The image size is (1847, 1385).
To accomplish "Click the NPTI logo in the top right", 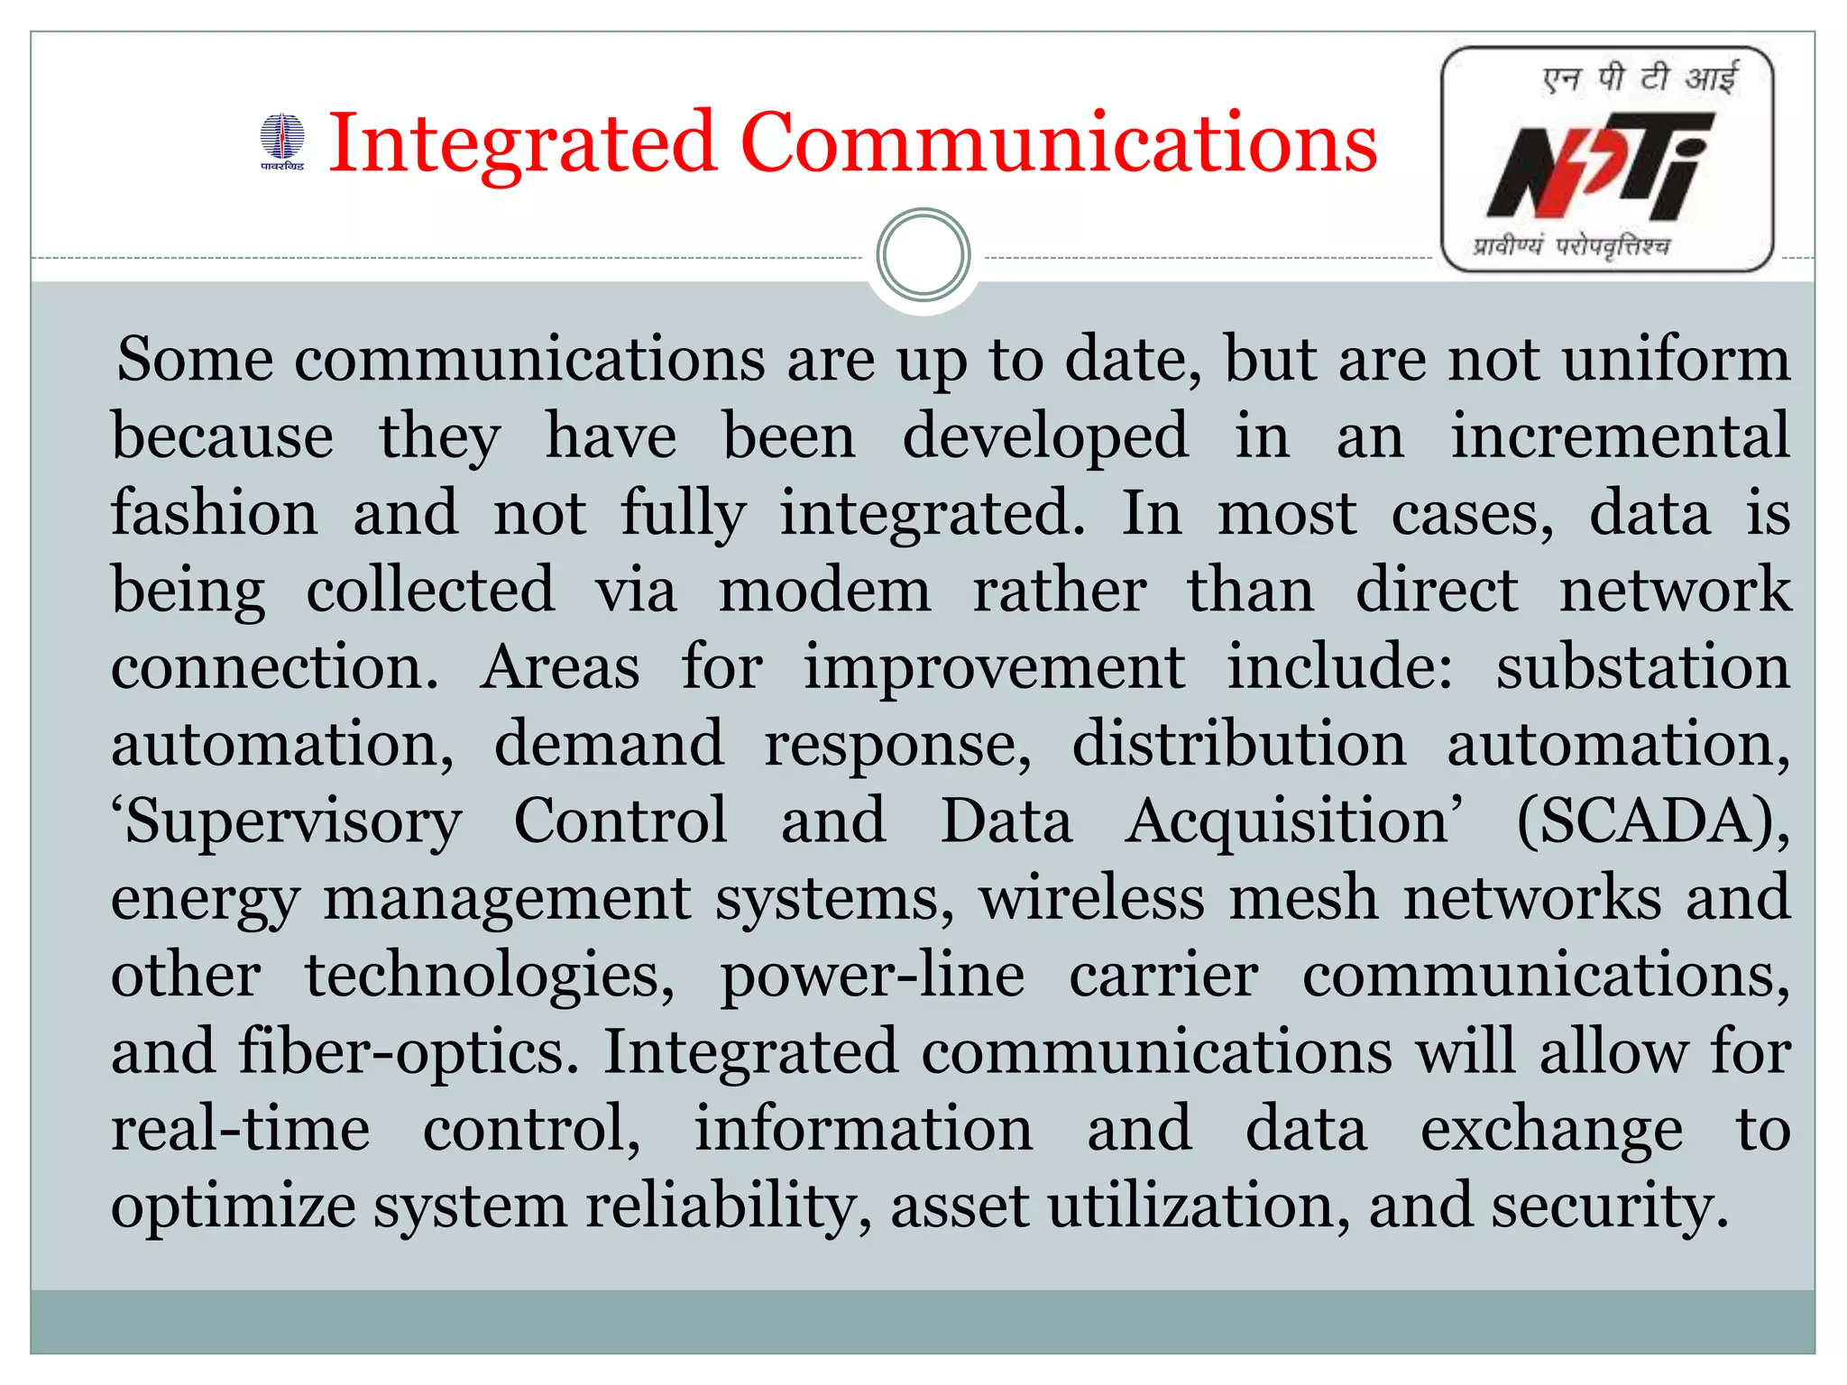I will click(1607, 160).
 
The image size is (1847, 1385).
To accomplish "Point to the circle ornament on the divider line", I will click(923, 255).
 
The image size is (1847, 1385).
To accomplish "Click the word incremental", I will click(1620, 436).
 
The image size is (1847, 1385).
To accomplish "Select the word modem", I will click(824, 591).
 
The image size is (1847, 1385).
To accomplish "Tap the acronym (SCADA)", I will click(1653, 821).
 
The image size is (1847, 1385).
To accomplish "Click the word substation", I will click(1642, 667).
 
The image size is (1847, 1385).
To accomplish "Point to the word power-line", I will click(872, 976).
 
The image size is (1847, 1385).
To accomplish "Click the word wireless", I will click(1091, 898).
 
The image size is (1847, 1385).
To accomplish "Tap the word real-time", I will click(241, 1129).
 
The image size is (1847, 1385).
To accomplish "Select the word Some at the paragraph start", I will click(195, 360).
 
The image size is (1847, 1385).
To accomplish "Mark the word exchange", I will click(1551, 1129).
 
